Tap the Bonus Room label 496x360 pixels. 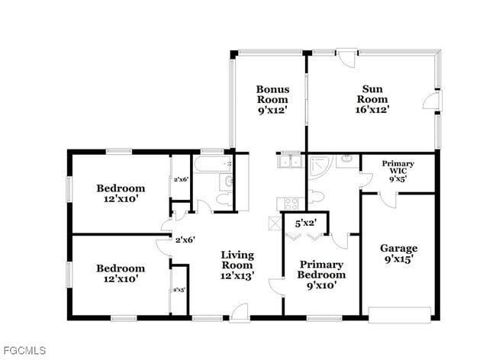coord(272,93)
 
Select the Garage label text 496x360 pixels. coord(398,248)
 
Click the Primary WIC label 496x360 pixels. coord(398,164)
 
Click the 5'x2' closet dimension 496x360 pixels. coord(306,223)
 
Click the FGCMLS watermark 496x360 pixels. coord(24,350)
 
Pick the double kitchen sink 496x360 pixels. coord(288,161)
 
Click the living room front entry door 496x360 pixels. coord(239,310)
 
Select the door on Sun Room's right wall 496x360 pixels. coord(433,100)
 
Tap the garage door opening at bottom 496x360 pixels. coord(398,313)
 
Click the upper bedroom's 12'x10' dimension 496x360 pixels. coord(121,198)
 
